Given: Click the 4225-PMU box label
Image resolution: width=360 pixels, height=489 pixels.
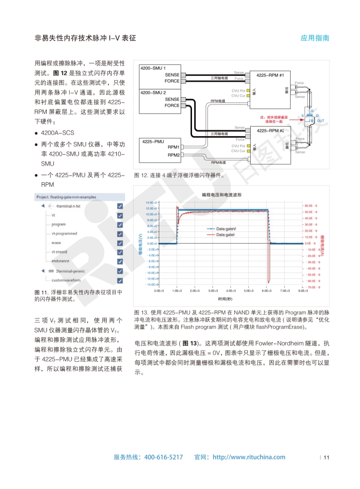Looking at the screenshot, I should coord(153,142).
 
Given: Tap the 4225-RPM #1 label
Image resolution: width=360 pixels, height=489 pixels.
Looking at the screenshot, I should coord(270,75).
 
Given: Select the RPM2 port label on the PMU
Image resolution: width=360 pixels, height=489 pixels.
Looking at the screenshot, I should coord(173,155).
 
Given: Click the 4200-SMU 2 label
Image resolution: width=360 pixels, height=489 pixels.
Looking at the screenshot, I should coord(153,92).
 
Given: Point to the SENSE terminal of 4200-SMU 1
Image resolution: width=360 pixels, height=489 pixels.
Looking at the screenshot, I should coord(172,74).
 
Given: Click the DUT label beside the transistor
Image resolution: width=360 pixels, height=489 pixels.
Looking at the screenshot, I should coord(321,120).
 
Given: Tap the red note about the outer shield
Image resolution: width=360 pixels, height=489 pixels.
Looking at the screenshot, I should coord(274,119).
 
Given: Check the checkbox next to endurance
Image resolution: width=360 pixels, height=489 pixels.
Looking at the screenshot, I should coord(120,262).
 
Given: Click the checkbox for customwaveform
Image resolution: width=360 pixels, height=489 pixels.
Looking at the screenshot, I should coord(120,280).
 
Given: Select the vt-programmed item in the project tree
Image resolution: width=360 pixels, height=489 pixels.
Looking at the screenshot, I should coord(64,233).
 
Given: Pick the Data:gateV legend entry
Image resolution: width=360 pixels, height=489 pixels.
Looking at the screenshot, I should coord(225,228).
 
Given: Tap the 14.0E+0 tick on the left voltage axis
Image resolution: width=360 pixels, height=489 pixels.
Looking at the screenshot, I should coord(151,202).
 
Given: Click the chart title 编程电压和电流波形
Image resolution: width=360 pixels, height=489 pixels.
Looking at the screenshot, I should coord(222,194).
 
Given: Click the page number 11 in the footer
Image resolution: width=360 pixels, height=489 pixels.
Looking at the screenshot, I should coord(326,457).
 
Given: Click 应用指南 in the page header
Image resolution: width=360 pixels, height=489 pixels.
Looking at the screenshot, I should coord(315,38).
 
